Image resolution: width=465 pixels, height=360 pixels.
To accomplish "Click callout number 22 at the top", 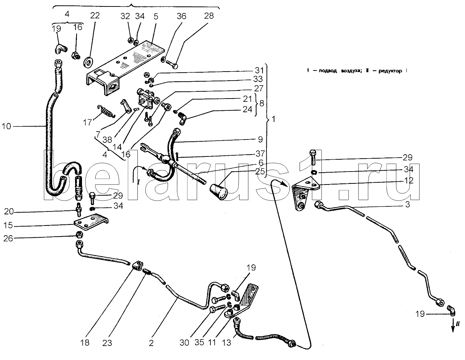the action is click(95, 15).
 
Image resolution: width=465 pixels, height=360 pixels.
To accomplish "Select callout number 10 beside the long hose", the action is click(6, 127).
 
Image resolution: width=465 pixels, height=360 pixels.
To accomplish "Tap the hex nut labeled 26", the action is click(79, 235).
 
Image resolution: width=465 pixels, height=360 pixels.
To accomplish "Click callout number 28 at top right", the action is click(209, 15).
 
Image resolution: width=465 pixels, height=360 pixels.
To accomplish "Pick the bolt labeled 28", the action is click(172, 64).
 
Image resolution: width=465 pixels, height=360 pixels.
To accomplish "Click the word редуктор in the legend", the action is click(390, 71).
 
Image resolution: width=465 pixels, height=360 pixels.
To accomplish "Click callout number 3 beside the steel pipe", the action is click(408, 204).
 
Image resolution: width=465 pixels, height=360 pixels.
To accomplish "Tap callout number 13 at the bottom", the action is click(227, 342).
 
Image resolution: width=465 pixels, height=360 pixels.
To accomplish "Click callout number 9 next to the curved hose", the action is click(260, 139).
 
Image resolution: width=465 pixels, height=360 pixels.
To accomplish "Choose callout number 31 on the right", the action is click(259, 70).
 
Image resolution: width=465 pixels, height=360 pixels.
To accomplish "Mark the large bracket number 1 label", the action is click(273, 119).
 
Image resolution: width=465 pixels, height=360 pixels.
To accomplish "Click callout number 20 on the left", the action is click(9, 211).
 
